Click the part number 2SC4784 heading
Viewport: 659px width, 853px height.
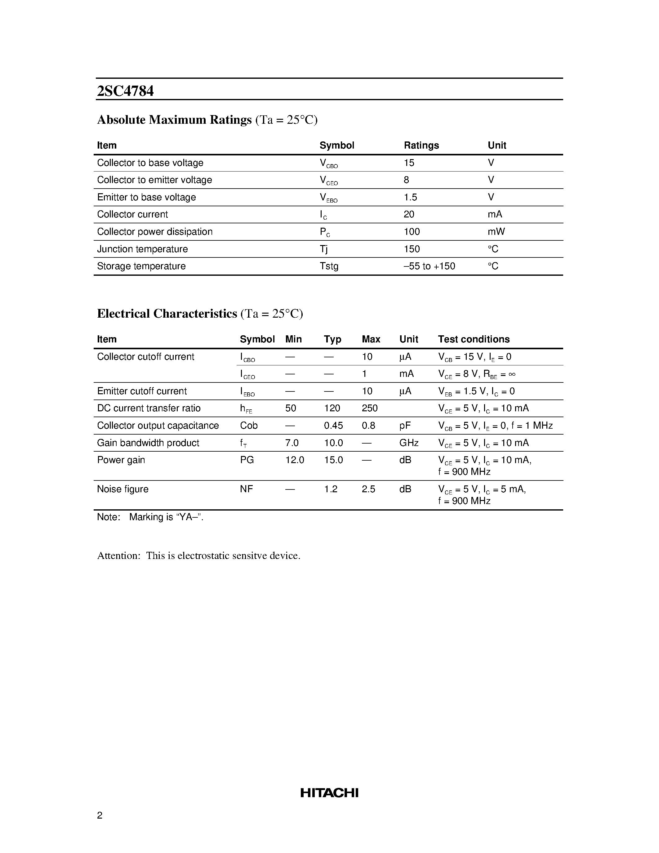click(x=125, y=91)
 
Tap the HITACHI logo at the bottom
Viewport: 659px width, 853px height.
click(x=329, y=793)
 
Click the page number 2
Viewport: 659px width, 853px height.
click(x=100, y=815)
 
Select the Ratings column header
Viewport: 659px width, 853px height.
click(x=421, y=145)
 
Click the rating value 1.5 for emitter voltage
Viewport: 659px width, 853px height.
click(x=410, y=197)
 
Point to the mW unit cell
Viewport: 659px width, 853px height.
click(x=496, y=232)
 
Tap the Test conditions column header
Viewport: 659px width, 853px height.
click(x=474, y=339)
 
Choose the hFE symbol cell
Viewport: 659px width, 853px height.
click(x=246, y=409)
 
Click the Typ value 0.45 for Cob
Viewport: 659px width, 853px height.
click(x=333, y=425)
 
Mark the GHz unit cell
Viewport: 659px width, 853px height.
click(x=409, y=443)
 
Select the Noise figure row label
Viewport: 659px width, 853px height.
click(x=122, y=489)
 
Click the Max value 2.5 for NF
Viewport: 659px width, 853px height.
click(x=368, y=489)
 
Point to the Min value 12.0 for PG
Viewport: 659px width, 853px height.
click(x=294, y=460)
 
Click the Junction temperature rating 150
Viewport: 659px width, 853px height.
click(x=412, y=249)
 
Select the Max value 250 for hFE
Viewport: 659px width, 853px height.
click(x=369, y=408)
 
